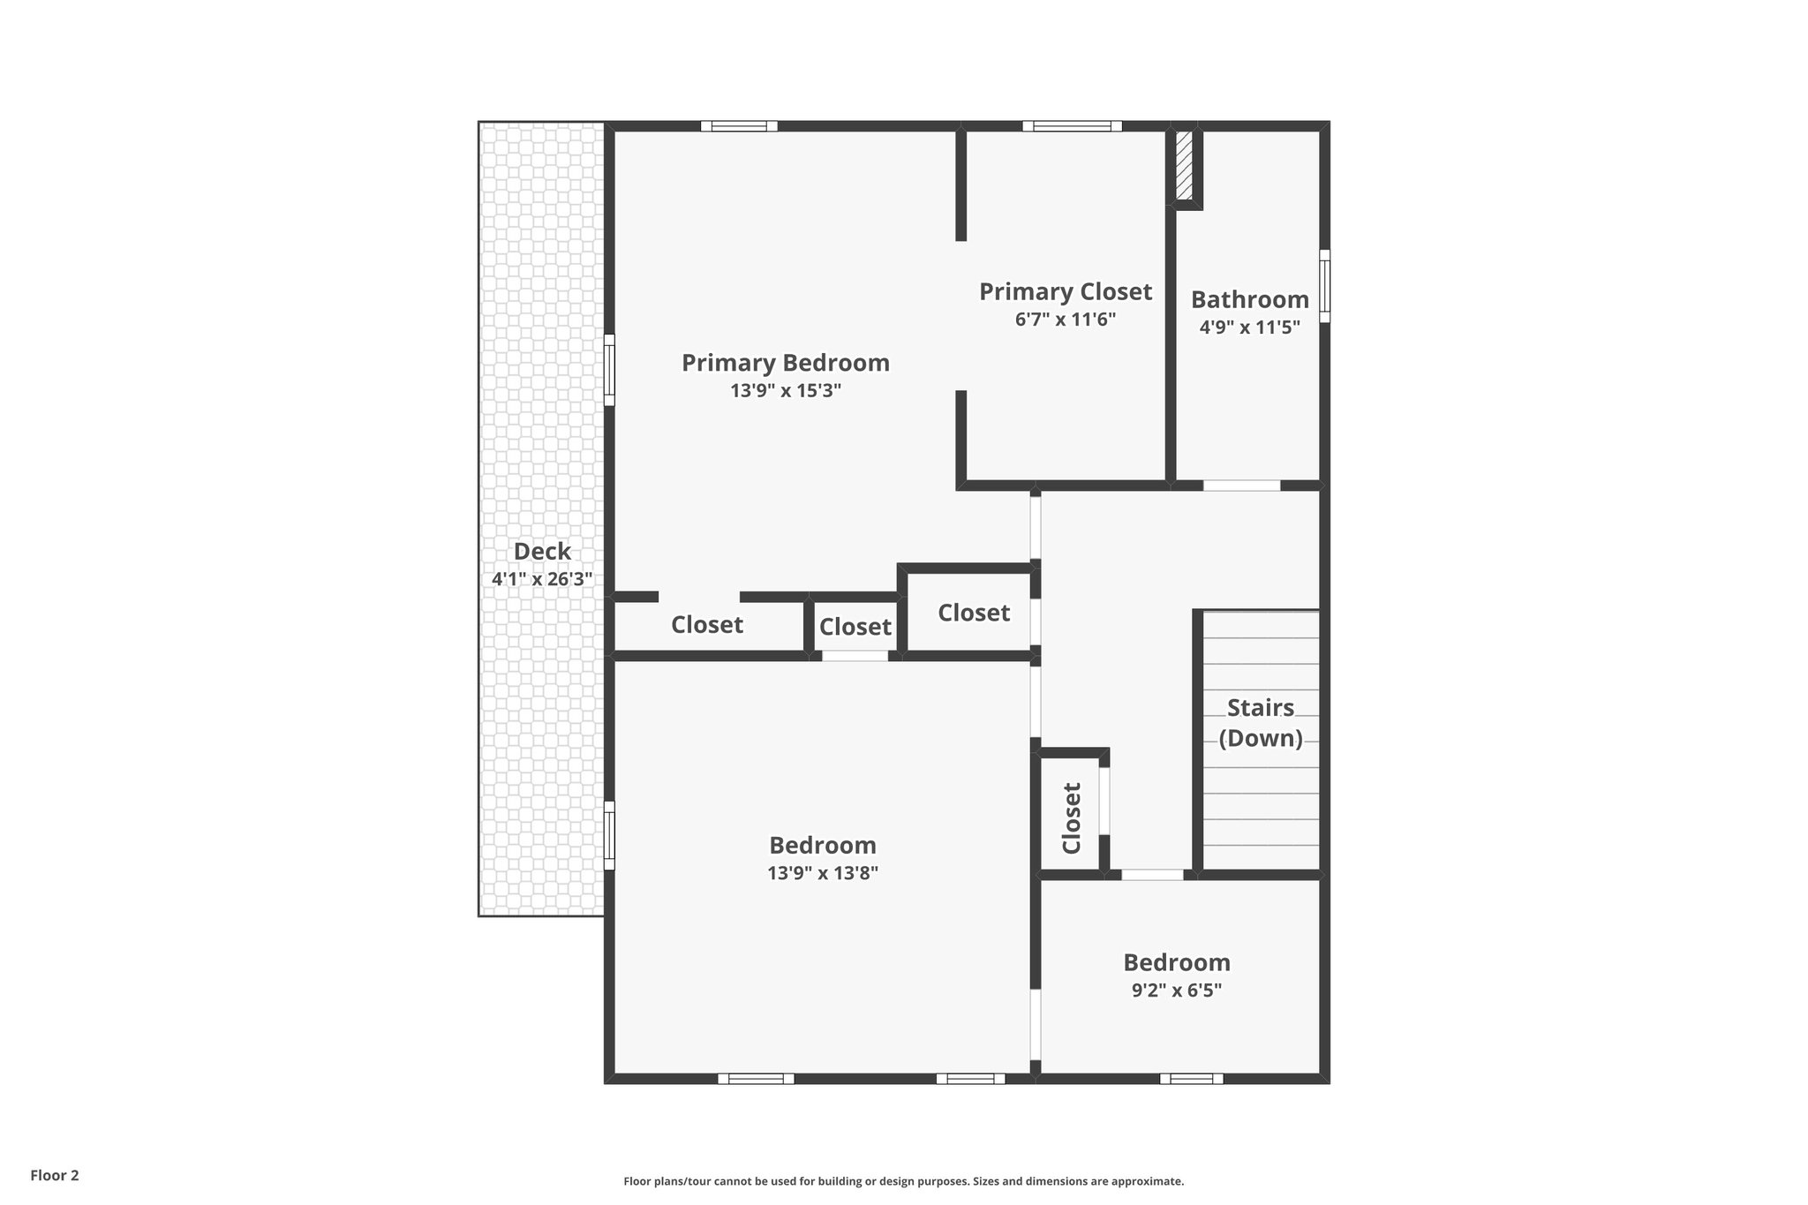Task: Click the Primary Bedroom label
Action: [785, 363]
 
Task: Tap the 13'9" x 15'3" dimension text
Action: [785, 390]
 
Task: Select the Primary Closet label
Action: [1065, 291]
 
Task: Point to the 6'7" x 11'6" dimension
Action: [1065, 319]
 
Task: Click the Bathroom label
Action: [1249, 299]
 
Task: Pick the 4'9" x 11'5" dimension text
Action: [1249, 328]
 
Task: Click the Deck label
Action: [542, 552]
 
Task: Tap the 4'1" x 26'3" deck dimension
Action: [542, 579]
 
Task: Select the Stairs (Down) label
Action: [1261, 722]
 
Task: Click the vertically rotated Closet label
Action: [1071, 818]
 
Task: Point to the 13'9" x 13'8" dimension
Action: [823, 873]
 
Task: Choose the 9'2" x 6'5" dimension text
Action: [1176, 990]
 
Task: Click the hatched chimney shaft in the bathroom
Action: [1184, 166]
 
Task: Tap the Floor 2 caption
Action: [55, 1175]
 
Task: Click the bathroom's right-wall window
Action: [1324, 285]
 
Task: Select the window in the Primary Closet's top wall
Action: [1072, 126]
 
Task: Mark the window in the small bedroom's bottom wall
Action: [1191, 1078]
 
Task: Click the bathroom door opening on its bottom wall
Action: [1241, 486]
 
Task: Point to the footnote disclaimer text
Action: [903, 1181]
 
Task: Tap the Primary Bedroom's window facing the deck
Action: [609, 369]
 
